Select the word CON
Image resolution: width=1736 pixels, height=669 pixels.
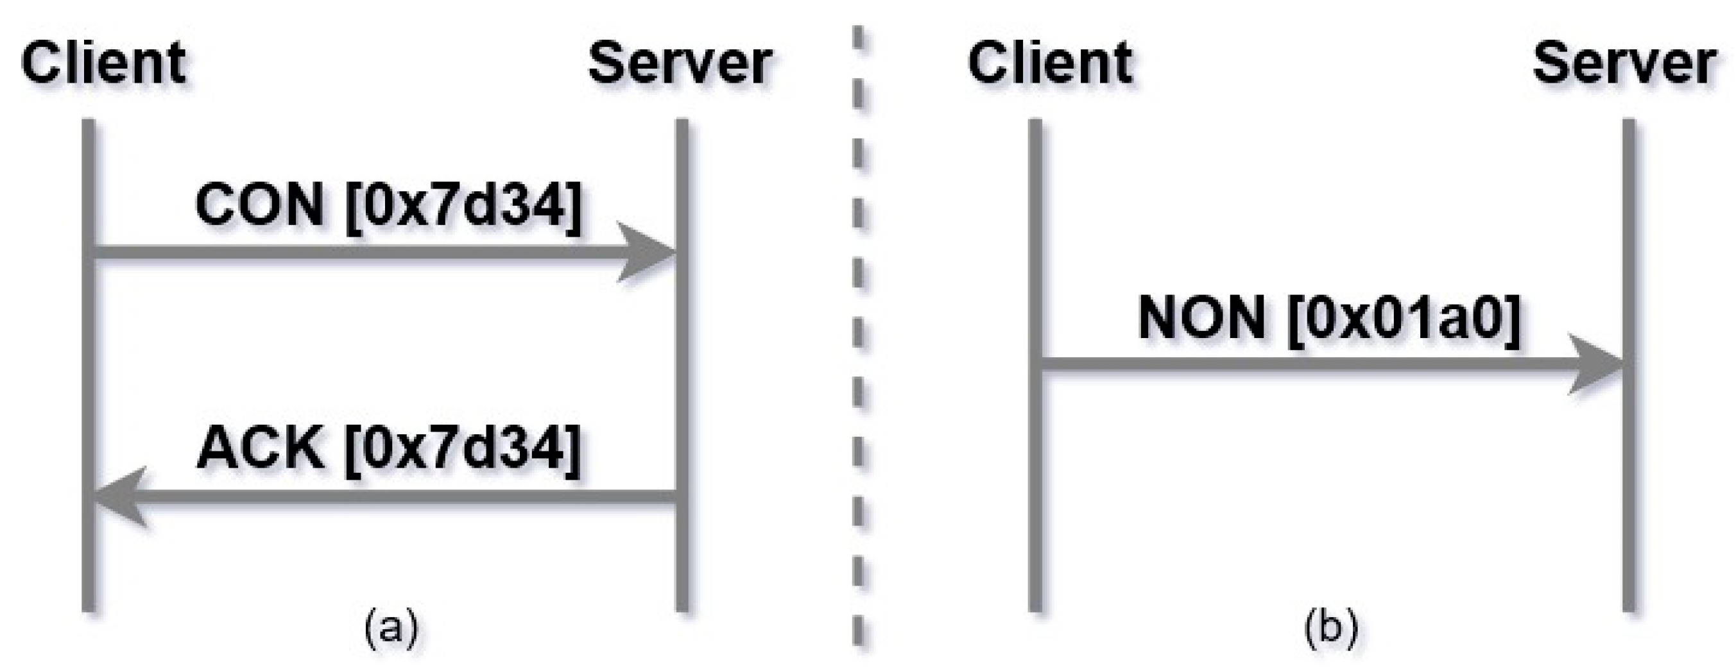click(x=259, y=205)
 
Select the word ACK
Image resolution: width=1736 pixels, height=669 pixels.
click(x=259, y=448)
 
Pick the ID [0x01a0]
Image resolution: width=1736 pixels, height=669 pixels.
click(x=1404, y=318)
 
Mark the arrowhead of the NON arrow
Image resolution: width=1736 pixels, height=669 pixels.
click(x=1594, y=364)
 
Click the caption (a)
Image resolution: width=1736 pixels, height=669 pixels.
click(x=391, y=628)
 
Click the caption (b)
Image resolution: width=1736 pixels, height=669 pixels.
click(x=1331, y=628)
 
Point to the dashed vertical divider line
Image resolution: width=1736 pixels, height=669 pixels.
click(x=858, y=337)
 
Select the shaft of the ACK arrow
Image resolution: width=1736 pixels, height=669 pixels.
click(x=404, y=497)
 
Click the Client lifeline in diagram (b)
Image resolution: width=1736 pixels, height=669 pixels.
click(x=1036, y=505)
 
